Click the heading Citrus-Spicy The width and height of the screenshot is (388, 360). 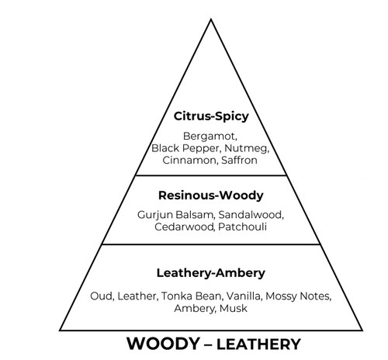click(211, 116)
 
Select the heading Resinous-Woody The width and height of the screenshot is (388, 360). click(211, 196)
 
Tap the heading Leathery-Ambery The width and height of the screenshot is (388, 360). click(211, 273)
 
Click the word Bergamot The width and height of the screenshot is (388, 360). click(210, 137)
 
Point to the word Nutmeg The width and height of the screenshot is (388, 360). click(247, 148)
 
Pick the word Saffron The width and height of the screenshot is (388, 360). click(239, 160)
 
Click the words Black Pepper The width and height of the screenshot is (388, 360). click(186, 148)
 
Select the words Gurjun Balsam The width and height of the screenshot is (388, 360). click(176, 215)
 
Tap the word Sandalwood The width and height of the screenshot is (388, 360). click(251, 215)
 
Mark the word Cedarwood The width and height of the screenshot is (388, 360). click(185, 227)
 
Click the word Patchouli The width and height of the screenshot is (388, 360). click(242, 227)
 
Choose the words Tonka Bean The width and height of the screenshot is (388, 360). click(192, 296)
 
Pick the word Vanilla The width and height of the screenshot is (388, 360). click(244, 296)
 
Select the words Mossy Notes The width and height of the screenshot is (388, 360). click(299, 296)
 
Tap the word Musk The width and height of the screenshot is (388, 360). click(234, 308)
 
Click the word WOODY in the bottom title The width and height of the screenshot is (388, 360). click(163, 344)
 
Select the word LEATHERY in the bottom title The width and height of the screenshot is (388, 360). click(258, 344)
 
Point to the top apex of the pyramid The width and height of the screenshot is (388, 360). click(211, 19)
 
